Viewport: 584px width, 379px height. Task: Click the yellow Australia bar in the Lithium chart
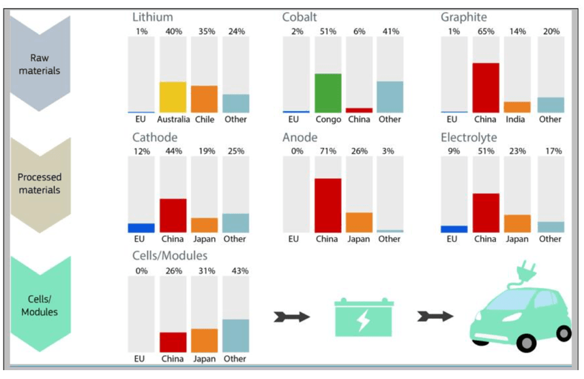(x=173, y=97)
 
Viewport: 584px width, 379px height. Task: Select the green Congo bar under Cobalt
(x=327, y=93)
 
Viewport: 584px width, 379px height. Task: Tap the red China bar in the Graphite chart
(x=485, y=87)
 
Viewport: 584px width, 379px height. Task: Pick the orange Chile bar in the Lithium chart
(x=204, y=100)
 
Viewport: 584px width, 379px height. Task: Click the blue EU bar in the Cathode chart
(x=141, y=228)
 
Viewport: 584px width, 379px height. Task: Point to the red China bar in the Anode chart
(x=327, y=206)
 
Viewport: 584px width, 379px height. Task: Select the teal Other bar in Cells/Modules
(x=235, y=335)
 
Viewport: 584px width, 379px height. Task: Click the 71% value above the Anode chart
(x=328, y=151)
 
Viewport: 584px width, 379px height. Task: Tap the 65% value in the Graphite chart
(x=486, y=31)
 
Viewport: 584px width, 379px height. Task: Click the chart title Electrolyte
(x=469, y=138)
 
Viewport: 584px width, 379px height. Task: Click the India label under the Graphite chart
(x=517, y=119)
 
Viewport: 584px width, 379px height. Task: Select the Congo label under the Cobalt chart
(x=328, y=119)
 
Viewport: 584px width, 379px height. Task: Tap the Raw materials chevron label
(x=39, y=64)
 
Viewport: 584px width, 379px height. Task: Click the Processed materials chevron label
(x=39, y=184)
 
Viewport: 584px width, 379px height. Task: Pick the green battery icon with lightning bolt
(x=364, y=316)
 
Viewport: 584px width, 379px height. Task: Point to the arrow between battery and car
(x=435, y=316)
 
